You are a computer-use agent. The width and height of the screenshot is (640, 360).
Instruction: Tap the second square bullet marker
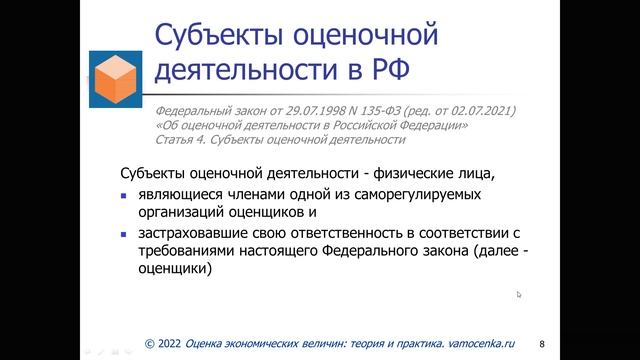coord(112,234)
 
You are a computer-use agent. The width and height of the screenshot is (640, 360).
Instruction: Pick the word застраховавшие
coord(183,233)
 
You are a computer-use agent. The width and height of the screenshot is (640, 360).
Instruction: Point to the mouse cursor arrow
coord(519,294)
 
